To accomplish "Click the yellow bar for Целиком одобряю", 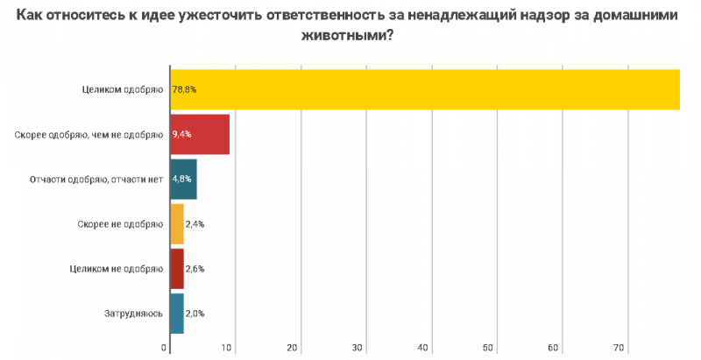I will (425, 89).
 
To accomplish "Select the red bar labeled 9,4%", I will (200, 134).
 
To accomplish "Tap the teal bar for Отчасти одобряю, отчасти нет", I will (183, 180).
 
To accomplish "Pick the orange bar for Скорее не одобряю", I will (176, 224).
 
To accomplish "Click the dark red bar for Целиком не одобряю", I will (176, 269).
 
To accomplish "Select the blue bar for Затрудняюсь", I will (176, 314).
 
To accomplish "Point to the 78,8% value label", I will (184, 89).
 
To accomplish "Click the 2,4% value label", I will (195, 224).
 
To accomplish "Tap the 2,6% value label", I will (195, 269).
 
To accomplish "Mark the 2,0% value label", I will (195, 314).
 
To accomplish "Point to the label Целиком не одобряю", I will (116, 269).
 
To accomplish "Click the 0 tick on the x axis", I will (166, 348).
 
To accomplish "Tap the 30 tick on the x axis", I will (358, 348).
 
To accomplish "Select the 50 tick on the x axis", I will (488, 348).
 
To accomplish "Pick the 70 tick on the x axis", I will (619, 348).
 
